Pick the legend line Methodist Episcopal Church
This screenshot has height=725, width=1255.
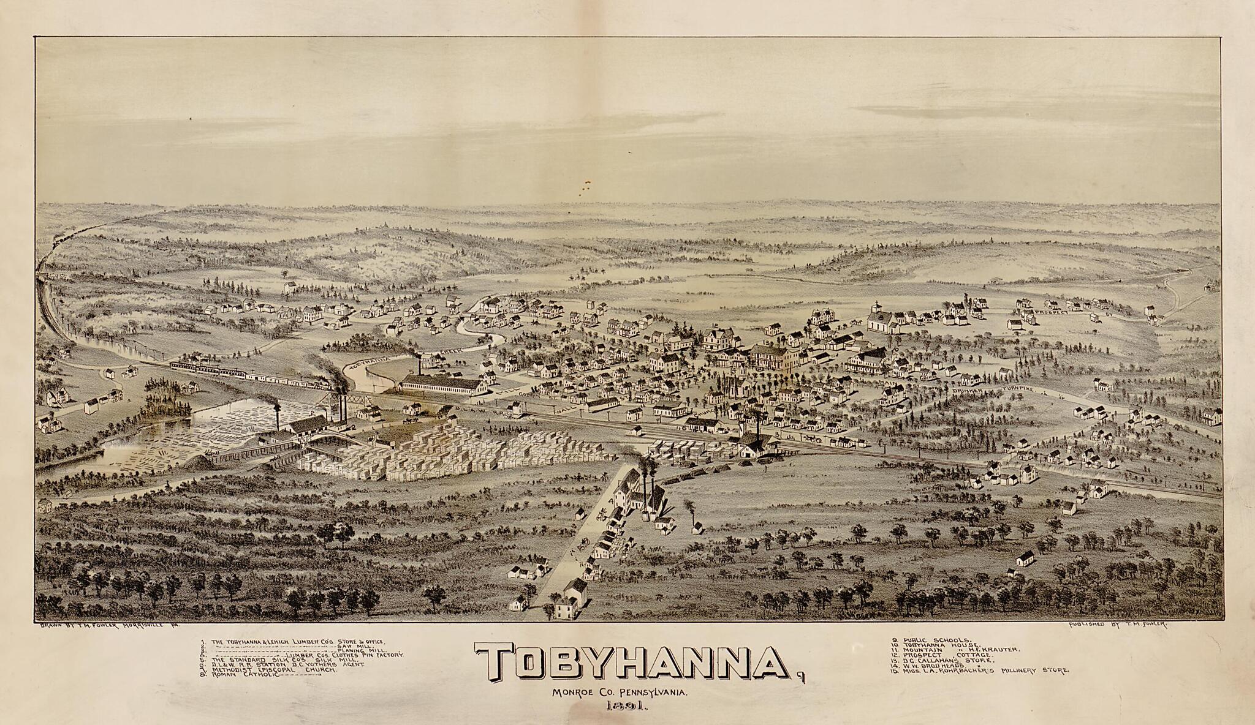click(x=273, y=670)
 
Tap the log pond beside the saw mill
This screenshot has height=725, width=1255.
click(x=202, y=429)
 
